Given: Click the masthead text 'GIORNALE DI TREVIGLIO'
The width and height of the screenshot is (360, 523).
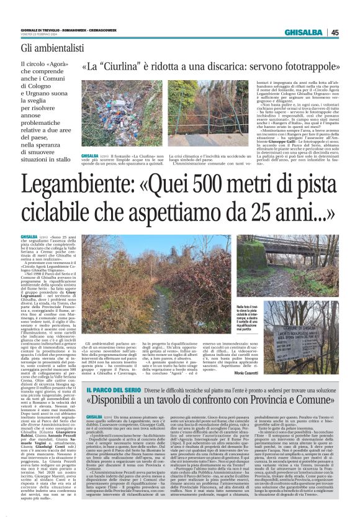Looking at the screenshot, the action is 40,30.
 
